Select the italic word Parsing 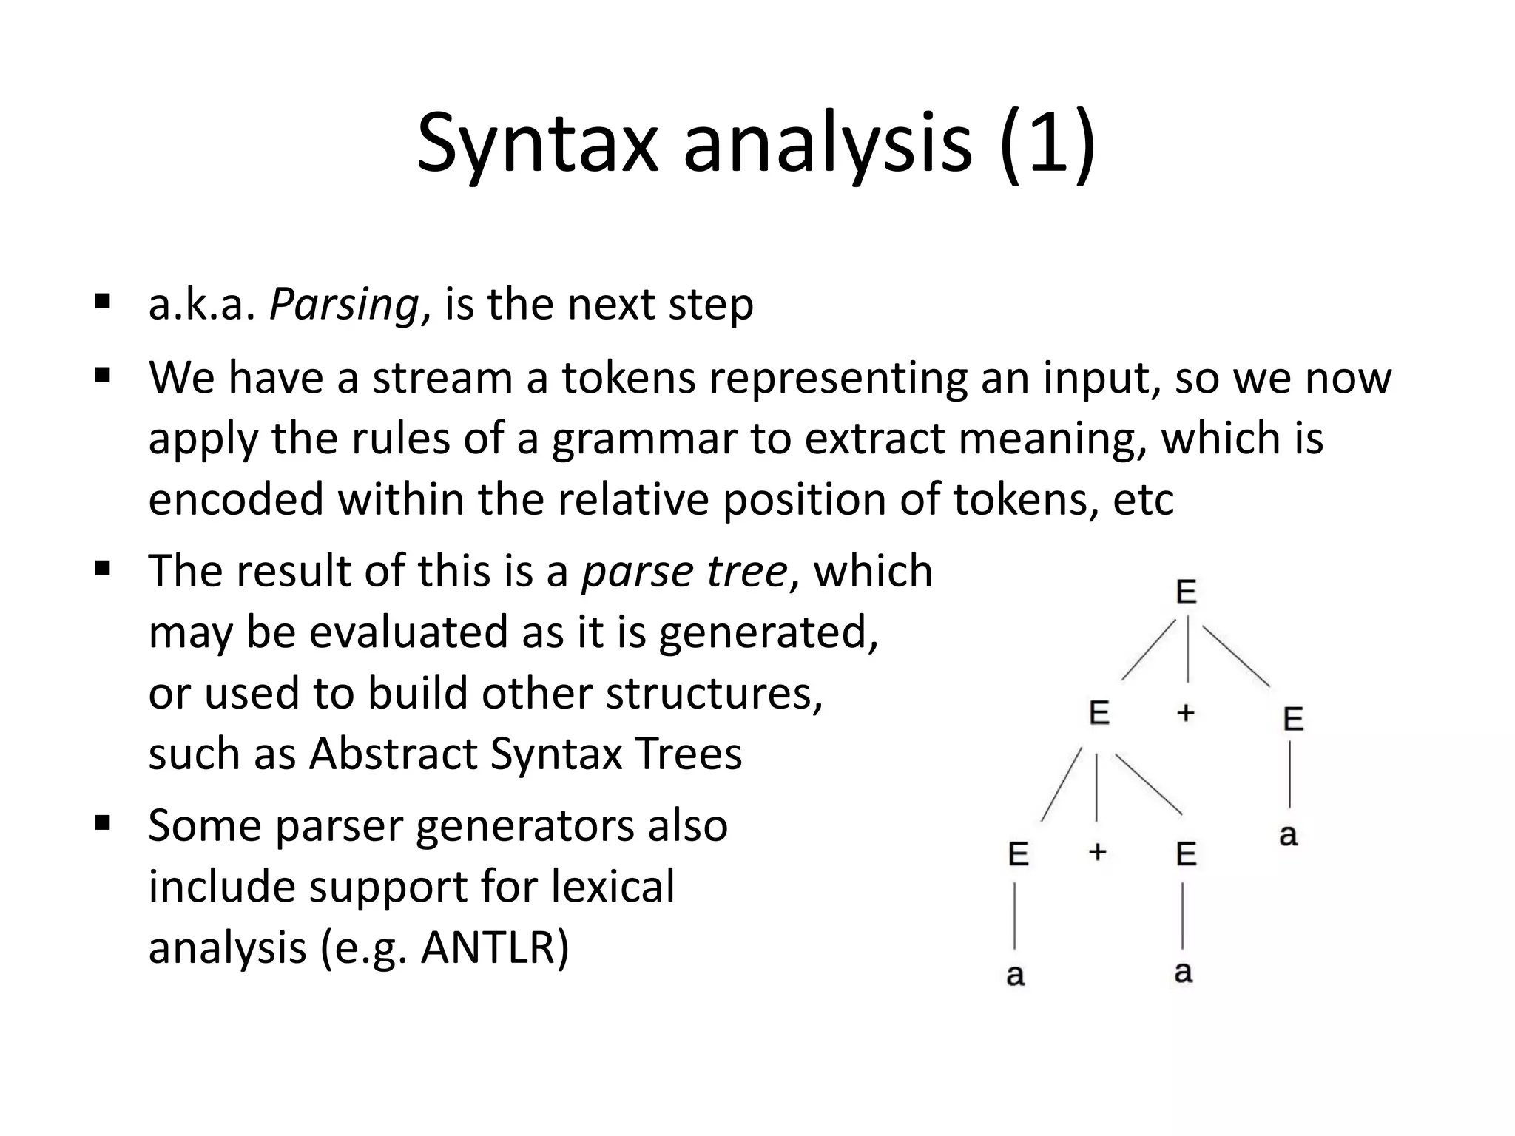(345, 304)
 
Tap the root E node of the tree (1186, 592)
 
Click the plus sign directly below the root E (1186, 712)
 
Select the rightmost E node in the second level (1293, 719)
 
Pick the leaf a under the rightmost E (1288, 835)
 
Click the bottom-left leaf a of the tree (1016, 975)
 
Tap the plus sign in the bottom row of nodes (1097, 852)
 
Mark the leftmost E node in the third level (1019, 854)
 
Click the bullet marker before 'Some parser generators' (102, 822)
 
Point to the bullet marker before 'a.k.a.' (102, 301)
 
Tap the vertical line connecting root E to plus (1187, 651)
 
